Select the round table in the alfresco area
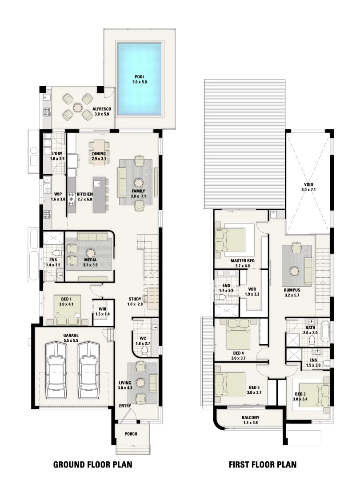[x=78, y=107]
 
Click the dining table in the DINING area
[x=100, y=152]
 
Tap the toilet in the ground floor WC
[x=144, y=351]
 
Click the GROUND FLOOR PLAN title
[x=93, y=465]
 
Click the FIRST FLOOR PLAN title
[x=263, y=465]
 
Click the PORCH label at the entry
[x=131, y=434]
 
